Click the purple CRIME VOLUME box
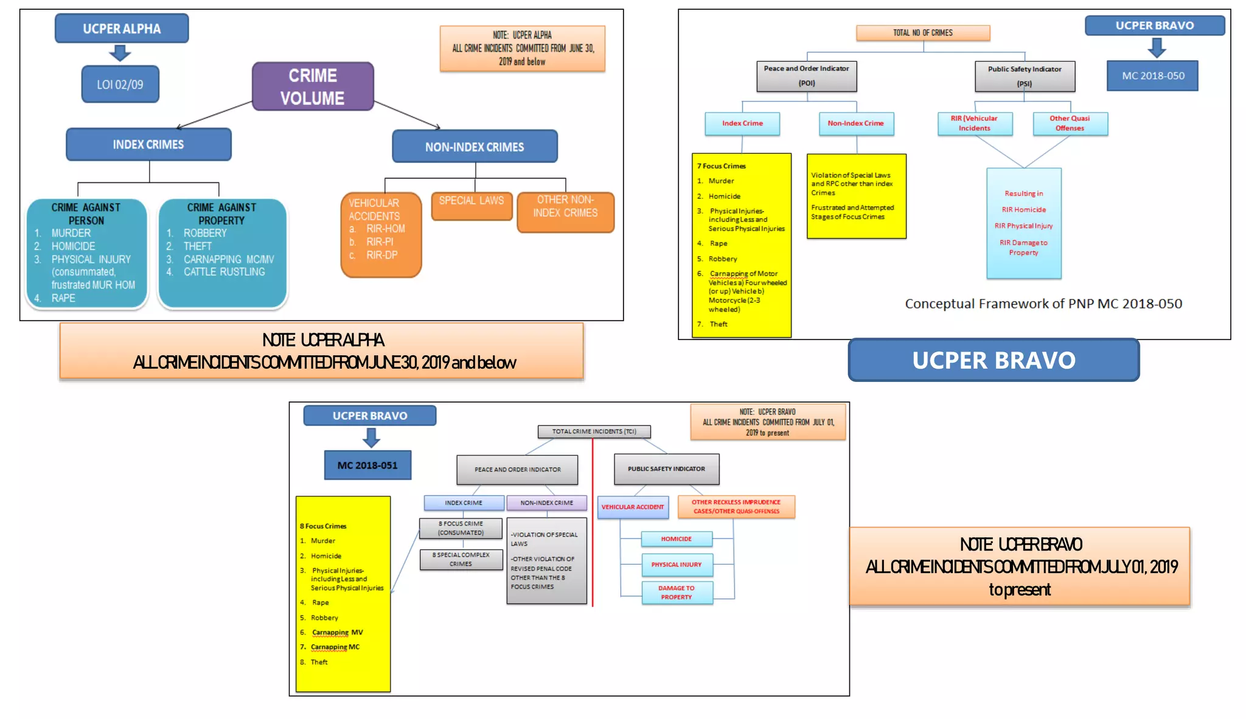(313, 86)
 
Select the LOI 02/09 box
(120, 85)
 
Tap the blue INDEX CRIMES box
(148, 144)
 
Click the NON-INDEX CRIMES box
(475, 147)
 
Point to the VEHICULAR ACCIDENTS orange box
(381, 235)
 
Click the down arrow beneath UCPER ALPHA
(120, 54)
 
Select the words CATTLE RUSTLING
(224, 272)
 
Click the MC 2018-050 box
(1152, 75)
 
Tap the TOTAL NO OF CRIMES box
(922, 33)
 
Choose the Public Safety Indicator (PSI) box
(1025, 76)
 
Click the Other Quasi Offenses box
(1070, 123)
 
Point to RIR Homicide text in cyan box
(1024, 210)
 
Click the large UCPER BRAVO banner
(994, 360)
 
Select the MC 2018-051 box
(367, 465)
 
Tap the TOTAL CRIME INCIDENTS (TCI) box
(594, 431)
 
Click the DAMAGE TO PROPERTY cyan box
(677, 592)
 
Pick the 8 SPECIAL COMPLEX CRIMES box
(461, 559)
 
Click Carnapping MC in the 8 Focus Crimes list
(335, 647)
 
